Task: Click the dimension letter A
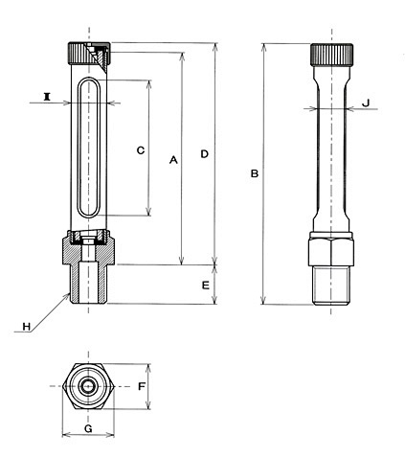pyautogui.click(x=173, y=159)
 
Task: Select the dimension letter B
pyautogui.click(x=255, y=173)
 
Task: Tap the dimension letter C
pyautogui.click(x=141, y=150)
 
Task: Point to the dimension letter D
pyautogui.click(x=204, y=154)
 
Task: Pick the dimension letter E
pyautogui.click(x=206, y=285)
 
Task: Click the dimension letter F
pyautogui.click(x=142, y=386)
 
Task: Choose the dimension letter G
pyautogui.click(x=88, y=428)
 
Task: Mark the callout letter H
pyautogui.click(x=27, y=327)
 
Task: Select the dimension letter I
pyautogui.click(x=47, y=96)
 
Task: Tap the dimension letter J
pyautogui.click(x=366, y=103)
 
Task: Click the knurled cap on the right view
pyautogui.click(x=332, y=55)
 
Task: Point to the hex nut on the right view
pyautogui.click(x=331, y=252)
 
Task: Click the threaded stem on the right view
pyautogui.click(x=331, y=286)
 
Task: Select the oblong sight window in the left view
pyautogui.click(x=90, y=148)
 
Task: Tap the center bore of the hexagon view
pyautogui.click(x=88, y=386)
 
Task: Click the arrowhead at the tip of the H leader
pyautogui.click(x=68, y=295)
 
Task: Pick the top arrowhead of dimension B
pyautogui.click(x=263, y=48)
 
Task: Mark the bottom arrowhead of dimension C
pyautogui.click(x=148, y=212)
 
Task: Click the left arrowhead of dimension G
pyautogui.click(x=66, y=434)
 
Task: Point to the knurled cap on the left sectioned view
pyautogui.click(x=89, y=53)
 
